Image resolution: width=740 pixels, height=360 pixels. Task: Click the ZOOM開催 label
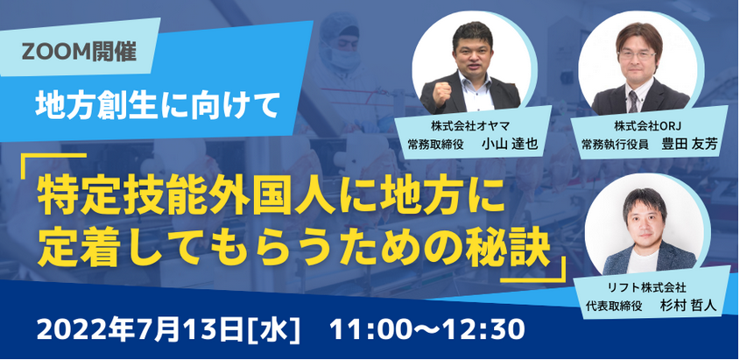coord(79,51)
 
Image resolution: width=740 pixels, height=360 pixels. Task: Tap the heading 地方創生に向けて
coord(155,106)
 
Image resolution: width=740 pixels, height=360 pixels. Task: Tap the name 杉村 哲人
coord(688,306)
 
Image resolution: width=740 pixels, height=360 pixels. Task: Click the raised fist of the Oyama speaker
coord(441,93)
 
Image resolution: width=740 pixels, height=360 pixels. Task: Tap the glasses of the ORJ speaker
coord(638,54)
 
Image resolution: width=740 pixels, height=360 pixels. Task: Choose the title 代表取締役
coord(614,306)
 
